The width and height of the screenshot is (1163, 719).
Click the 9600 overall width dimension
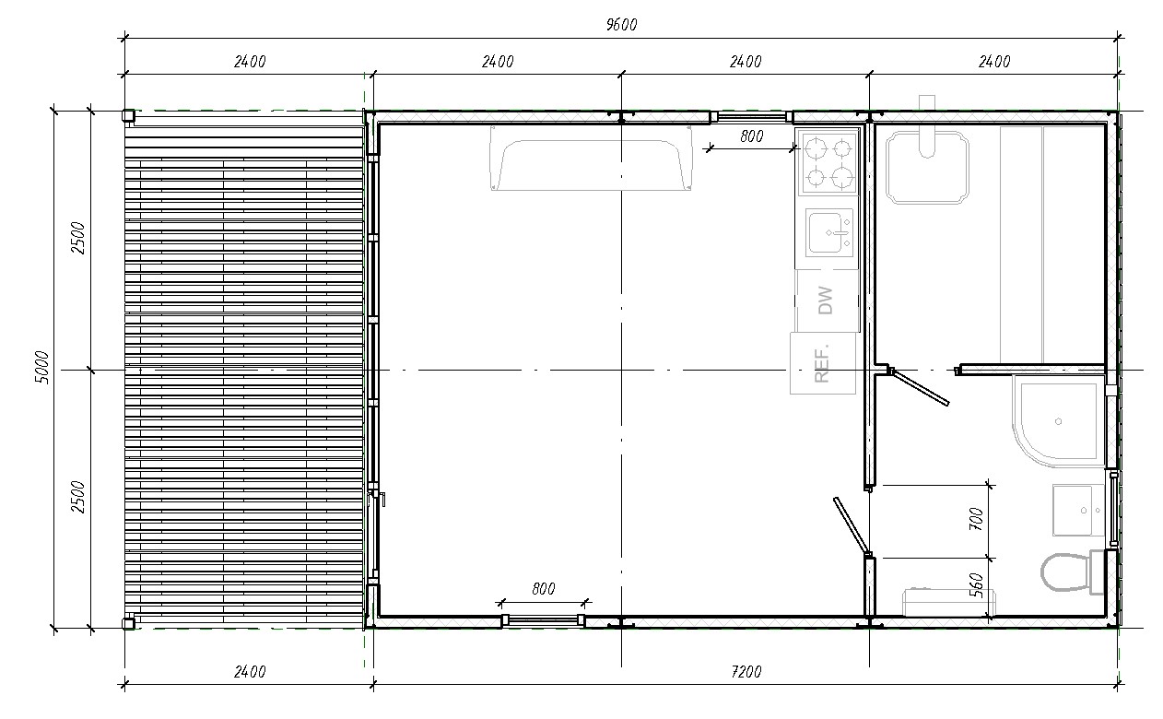621,24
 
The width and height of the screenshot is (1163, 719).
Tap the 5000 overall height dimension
42,368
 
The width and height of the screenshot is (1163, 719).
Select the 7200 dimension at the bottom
746,672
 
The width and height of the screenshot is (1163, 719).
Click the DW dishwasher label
825,301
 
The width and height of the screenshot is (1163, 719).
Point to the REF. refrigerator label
821,363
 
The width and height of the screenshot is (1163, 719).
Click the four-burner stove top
828,163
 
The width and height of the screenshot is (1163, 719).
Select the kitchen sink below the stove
829,232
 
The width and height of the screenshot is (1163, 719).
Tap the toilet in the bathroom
1073,572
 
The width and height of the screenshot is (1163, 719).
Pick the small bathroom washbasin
1078,510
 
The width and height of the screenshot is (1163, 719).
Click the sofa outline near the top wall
591,158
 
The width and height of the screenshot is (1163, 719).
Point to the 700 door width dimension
976,519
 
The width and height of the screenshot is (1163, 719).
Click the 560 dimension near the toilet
976,585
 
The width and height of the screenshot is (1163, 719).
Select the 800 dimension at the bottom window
543,589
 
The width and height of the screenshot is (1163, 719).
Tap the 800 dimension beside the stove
751,136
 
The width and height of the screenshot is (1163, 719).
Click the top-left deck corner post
128,115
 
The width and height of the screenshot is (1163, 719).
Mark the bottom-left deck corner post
128,623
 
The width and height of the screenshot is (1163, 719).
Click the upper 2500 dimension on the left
77,238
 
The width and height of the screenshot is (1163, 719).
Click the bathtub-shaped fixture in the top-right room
927,167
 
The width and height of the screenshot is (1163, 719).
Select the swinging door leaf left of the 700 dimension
851,525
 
